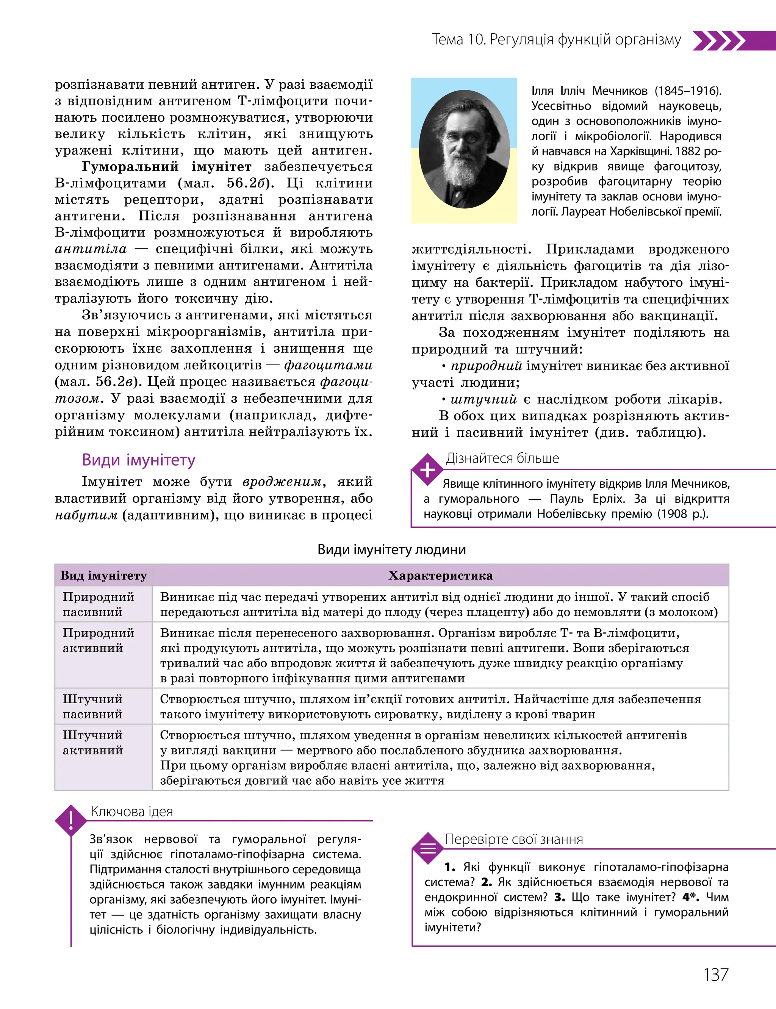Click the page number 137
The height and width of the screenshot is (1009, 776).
[x=715, y=975]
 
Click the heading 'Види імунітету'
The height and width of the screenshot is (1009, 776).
[x=139, y=460]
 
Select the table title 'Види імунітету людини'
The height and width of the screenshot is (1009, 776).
[x=392, y=549]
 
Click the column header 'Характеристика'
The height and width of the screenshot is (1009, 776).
[x=440, y=576]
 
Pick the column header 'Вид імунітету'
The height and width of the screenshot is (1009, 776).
[x=103, y=576]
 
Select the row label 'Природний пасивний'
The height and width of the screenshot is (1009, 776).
[x=99, y=604]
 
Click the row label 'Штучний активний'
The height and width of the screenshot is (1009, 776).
[x=93, y=743]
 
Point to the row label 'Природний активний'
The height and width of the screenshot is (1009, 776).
[x=99, y=640]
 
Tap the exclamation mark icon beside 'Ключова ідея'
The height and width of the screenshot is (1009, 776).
[x=71, y=820]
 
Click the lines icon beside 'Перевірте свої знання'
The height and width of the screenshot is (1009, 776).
[x=428, y=849]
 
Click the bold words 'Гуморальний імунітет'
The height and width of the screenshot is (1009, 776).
[x=167, y=167]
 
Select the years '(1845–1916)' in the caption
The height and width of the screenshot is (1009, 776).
[x=688, y=91]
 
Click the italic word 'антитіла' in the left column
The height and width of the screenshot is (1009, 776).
[x=91, y=249]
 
